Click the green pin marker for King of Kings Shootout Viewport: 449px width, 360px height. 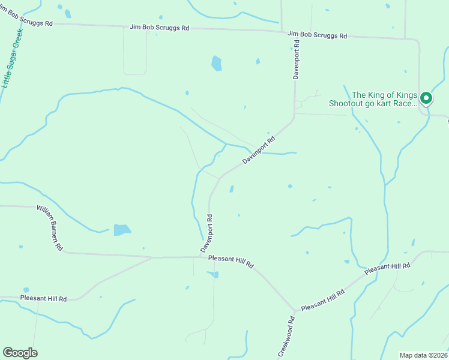tap(426, 97)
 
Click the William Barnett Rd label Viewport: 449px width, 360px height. tap(50, 227)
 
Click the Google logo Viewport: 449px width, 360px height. tap(20, 353)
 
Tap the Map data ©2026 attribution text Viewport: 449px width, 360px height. tap(423, 355)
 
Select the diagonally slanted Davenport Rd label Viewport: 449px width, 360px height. tap(259, 151)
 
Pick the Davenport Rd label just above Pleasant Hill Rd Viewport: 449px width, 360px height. tap(207, 233)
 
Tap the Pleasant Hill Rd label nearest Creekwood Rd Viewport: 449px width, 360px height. tap(323, 300)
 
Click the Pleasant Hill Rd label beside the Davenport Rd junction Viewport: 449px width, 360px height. tap(231, 262)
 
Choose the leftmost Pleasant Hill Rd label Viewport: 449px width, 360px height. tap(43, 298)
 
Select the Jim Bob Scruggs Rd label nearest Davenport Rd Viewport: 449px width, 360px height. tap(317, 35)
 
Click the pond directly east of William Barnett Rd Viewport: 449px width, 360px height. tap(122, 229)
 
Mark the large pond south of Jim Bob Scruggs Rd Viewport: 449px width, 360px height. tap(217, 63)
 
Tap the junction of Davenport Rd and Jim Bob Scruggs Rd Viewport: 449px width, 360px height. tap(295, 33)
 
